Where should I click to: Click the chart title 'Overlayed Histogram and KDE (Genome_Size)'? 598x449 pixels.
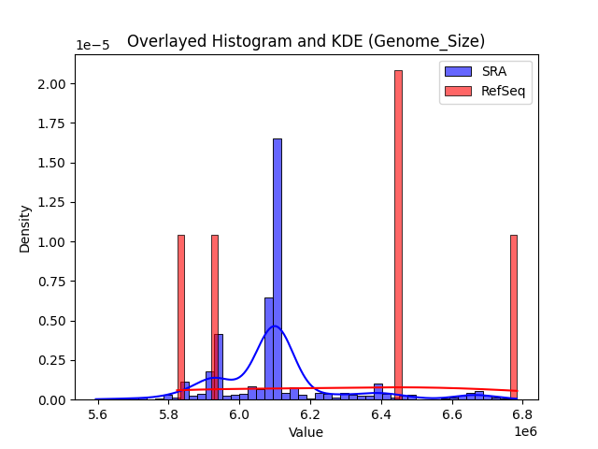coord(306,41)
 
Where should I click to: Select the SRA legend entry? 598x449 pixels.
coord(485,71)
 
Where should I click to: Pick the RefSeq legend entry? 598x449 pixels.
coord(485,90)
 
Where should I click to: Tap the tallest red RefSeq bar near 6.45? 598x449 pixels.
coord(398,234)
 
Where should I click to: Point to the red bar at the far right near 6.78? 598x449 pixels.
coord(514,318)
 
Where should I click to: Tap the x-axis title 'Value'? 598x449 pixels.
coord(306,432)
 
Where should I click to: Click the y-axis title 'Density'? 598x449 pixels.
coord(25,228)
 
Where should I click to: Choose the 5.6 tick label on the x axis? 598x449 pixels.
coord(97,414)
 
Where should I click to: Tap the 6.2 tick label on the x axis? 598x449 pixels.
coord(309,414)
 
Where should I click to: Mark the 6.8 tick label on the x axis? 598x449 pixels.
coord(521,414)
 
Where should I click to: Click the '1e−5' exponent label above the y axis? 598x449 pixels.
coord(93,46)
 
